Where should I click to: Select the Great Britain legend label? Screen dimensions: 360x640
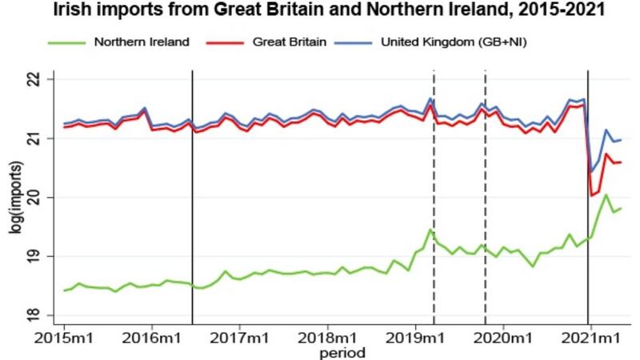[x=290, y=42]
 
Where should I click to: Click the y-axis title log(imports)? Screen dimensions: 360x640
[x=15, y=198]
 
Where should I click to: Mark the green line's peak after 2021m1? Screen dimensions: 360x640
[x=606, y=194]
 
